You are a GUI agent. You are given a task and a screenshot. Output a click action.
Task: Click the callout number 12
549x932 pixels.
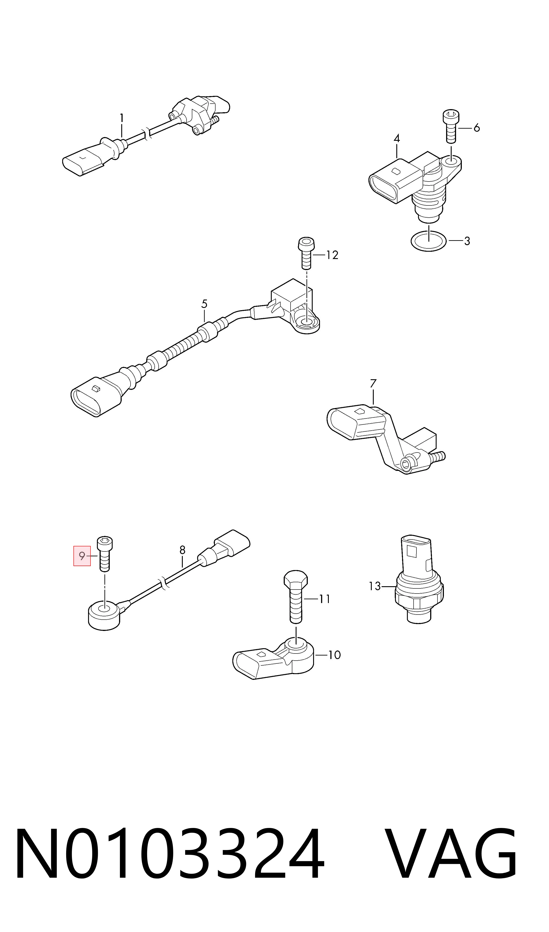[332, 255]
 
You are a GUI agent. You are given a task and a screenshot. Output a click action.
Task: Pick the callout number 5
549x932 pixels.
[204, 304]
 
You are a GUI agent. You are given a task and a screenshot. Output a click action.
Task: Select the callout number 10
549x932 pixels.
[334, 655]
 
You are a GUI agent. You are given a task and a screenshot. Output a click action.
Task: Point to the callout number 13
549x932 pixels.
[375, 586]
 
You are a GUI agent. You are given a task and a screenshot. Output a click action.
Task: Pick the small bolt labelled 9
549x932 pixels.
[105, 554]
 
